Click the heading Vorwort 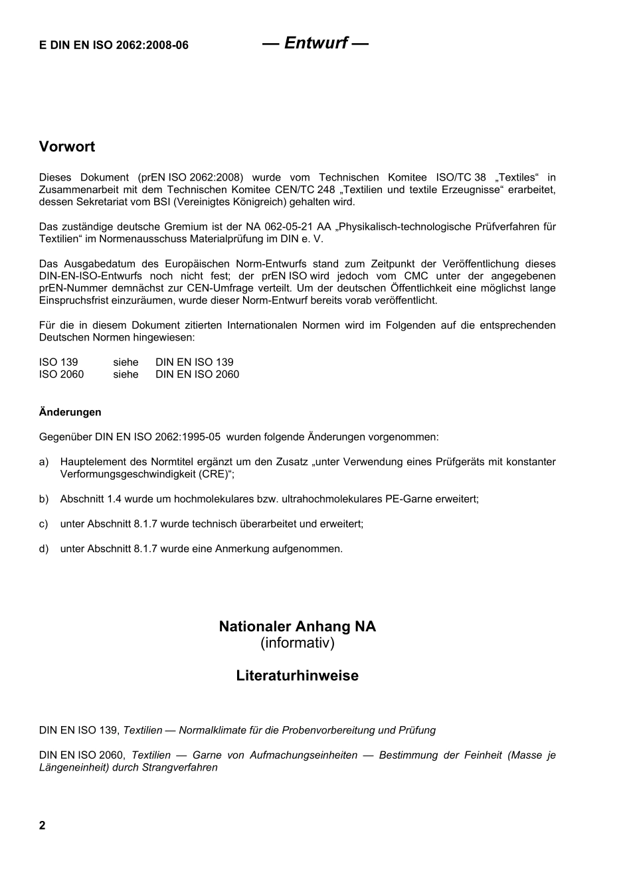click(67, 147)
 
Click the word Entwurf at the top click(315, 43)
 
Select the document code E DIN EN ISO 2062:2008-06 click(114, 45)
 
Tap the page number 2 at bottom click(43, 825)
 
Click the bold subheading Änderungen click(70, 412)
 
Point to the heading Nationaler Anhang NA click(297, 627)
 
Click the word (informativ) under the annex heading click(297, 643)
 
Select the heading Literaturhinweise click(297, 676)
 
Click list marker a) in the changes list click(44, 462)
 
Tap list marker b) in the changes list click(44, 499)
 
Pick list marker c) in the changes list click(44, 524)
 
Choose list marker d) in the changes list click(44, 549)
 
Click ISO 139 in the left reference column click(58, 362)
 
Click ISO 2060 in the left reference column click(62, 374)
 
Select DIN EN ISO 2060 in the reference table click(197, 374)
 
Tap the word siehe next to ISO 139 click(126, 362)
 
